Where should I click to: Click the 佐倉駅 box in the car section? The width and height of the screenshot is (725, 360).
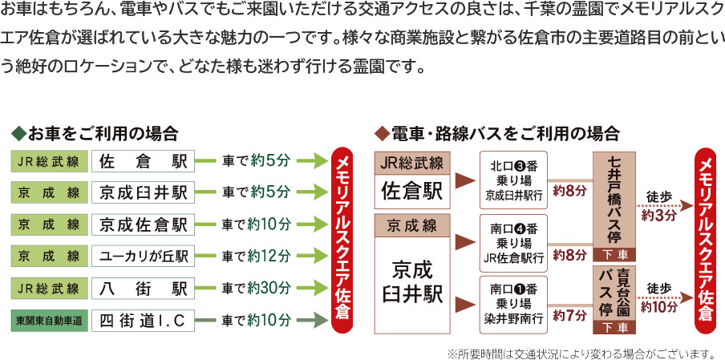(143, 161)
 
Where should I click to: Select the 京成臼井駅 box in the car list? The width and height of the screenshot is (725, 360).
(143, 192)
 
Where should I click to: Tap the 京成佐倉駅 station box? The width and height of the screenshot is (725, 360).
(143, 224)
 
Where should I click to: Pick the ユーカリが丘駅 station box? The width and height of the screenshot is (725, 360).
(143, 257)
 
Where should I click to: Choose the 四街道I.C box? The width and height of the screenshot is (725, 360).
(143, 321)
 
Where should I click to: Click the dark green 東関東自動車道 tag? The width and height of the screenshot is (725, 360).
(49, 321)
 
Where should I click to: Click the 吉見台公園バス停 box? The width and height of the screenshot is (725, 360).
(614, 293)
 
